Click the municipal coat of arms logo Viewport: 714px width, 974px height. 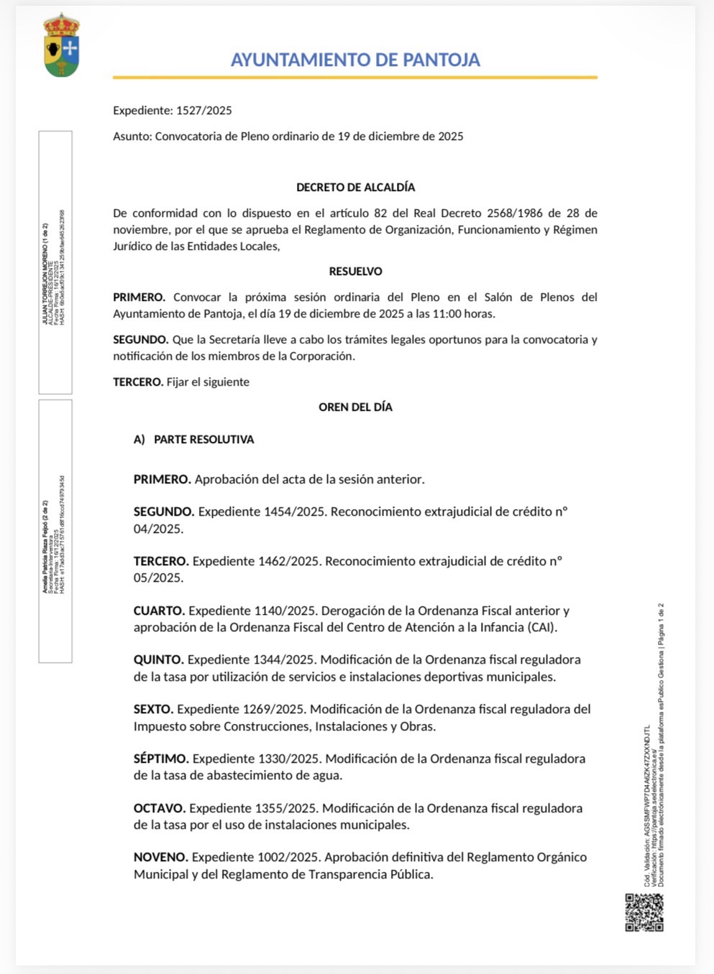click(x=62, y=45)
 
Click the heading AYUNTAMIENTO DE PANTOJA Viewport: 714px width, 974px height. click(x=355, y=60)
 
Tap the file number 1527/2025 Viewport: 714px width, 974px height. click(x=204, y=111)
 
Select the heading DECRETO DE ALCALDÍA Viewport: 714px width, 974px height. click(x=355, y=187)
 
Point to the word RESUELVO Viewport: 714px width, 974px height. click(x=355, y=272)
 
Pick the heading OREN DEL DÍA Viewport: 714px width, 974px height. click(x=355, y=407)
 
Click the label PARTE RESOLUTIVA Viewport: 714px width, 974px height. click(x=203, y=440)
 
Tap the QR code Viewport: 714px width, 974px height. click(x=644, y=912)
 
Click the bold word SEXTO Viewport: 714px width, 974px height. click(x=153, y=710)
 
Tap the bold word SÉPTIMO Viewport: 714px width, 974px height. click(x=161, y=759)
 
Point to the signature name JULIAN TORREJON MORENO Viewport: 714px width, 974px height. click(x=45, y=274)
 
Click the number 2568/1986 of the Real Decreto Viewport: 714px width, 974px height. click(x=513, y=213)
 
